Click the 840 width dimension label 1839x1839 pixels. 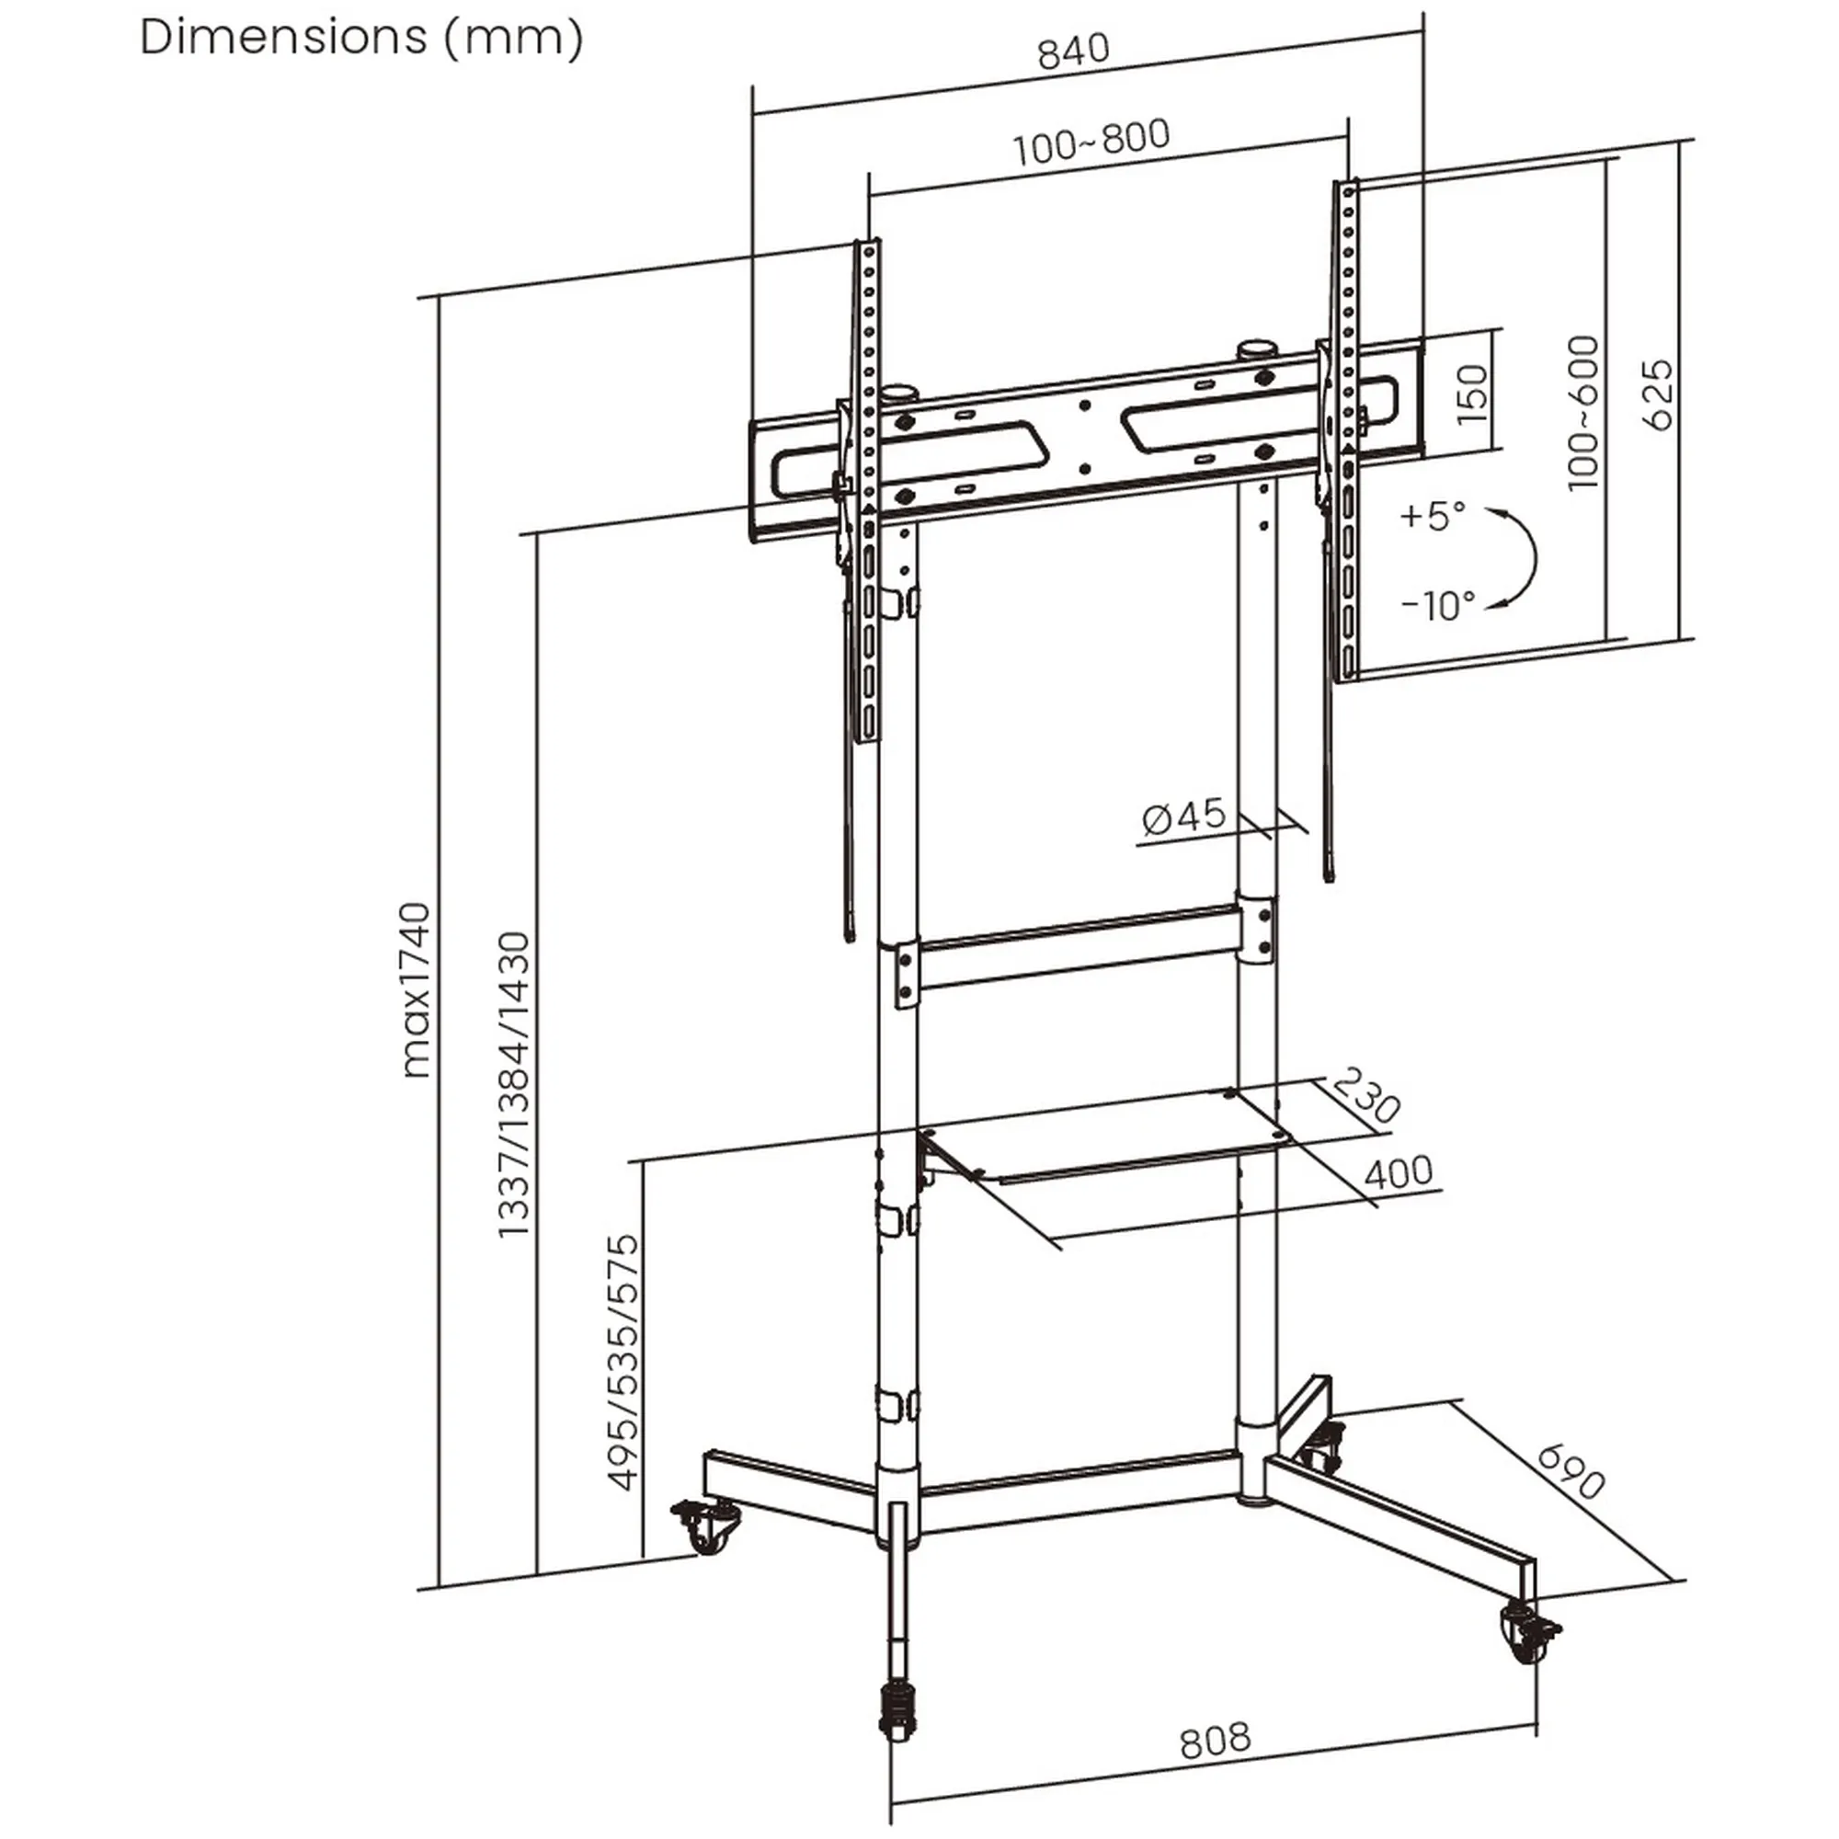[x=1074, y=51]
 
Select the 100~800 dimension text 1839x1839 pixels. [x=1091, y=143]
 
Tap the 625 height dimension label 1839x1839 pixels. [x=1657, y=394]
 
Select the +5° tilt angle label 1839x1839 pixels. [x=1433, y=516]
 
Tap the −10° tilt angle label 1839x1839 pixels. [x=1437, y=604]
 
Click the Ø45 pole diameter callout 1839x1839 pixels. [x=1184, y=817]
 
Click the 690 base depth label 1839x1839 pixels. [x=1571, y=1471]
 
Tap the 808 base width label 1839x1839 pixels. [x=1215, y=1741]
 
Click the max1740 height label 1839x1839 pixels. [x=416, y=990]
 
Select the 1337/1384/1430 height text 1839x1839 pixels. [x=514, y=1085]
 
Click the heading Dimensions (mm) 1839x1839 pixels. [x=361, y=38]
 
